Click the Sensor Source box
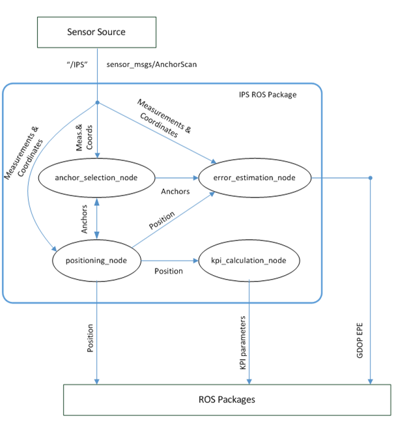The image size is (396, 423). pos(96,31)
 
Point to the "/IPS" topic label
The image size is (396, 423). pos(78,65)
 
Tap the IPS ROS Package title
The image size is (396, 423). pos(266,95)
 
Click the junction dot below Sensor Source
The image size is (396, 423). pos(97,103)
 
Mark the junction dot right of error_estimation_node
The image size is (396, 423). pos(371,177)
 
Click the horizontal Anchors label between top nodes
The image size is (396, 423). pos(175,192)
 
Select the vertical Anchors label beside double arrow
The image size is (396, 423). pos(85,220)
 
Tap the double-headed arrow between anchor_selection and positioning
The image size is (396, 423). pos(97,218)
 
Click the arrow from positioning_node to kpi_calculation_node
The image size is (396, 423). pos(171,261)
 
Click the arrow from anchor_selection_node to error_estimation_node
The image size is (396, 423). pos(176,177)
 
